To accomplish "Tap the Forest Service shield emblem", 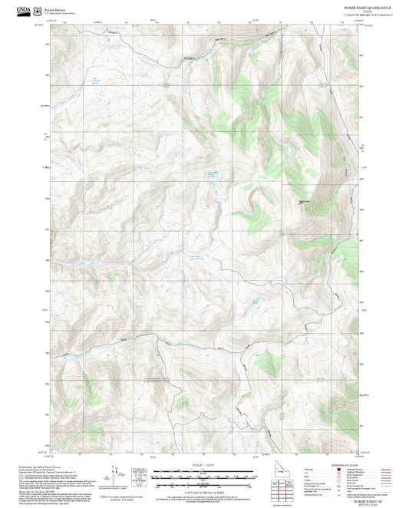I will tap(38, 9).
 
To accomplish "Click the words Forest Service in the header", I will tap(56, 8).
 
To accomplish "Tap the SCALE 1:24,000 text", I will tap(203, 463).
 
